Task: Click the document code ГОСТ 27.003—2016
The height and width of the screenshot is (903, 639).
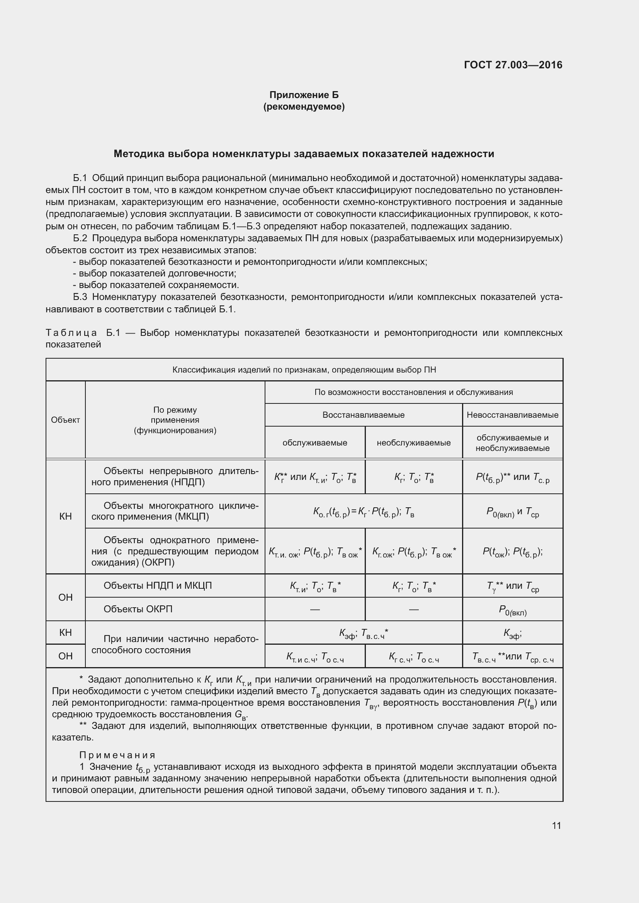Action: (x=513, y=65)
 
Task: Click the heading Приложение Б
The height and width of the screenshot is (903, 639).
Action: (x=304, y=95)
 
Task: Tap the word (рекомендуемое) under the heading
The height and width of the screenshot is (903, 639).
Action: (x=304, y=107)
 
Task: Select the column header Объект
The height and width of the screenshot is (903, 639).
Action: (x=65, y=420)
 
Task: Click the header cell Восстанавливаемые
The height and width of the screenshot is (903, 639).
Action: (x=363, y=415)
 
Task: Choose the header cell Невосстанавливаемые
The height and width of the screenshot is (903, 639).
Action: (x=512, y=415)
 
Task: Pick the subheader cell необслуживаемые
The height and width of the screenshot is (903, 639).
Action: (x=413, y=443)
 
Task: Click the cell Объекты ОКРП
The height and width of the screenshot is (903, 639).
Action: (x=138, y=609)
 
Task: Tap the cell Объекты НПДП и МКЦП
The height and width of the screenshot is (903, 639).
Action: (x=157, y=586)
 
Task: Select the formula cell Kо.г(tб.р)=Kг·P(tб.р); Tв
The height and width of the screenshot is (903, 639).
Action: (x=363, y=512)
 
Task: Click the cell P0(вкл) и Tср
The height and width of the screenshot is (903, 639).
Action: (x=512, y=512)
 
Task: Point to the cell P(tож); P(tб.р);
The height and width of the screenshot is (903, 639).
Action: (x=512, y=551)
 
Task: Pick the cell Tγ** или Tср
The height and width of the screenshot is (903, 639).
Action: (x=512, y=586)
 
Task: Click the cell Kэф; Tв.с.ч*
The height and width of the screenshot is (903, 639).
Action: (x=363, y=633)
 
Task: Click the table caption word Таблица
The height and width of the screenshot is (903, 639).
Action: (x=71, y=333)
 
